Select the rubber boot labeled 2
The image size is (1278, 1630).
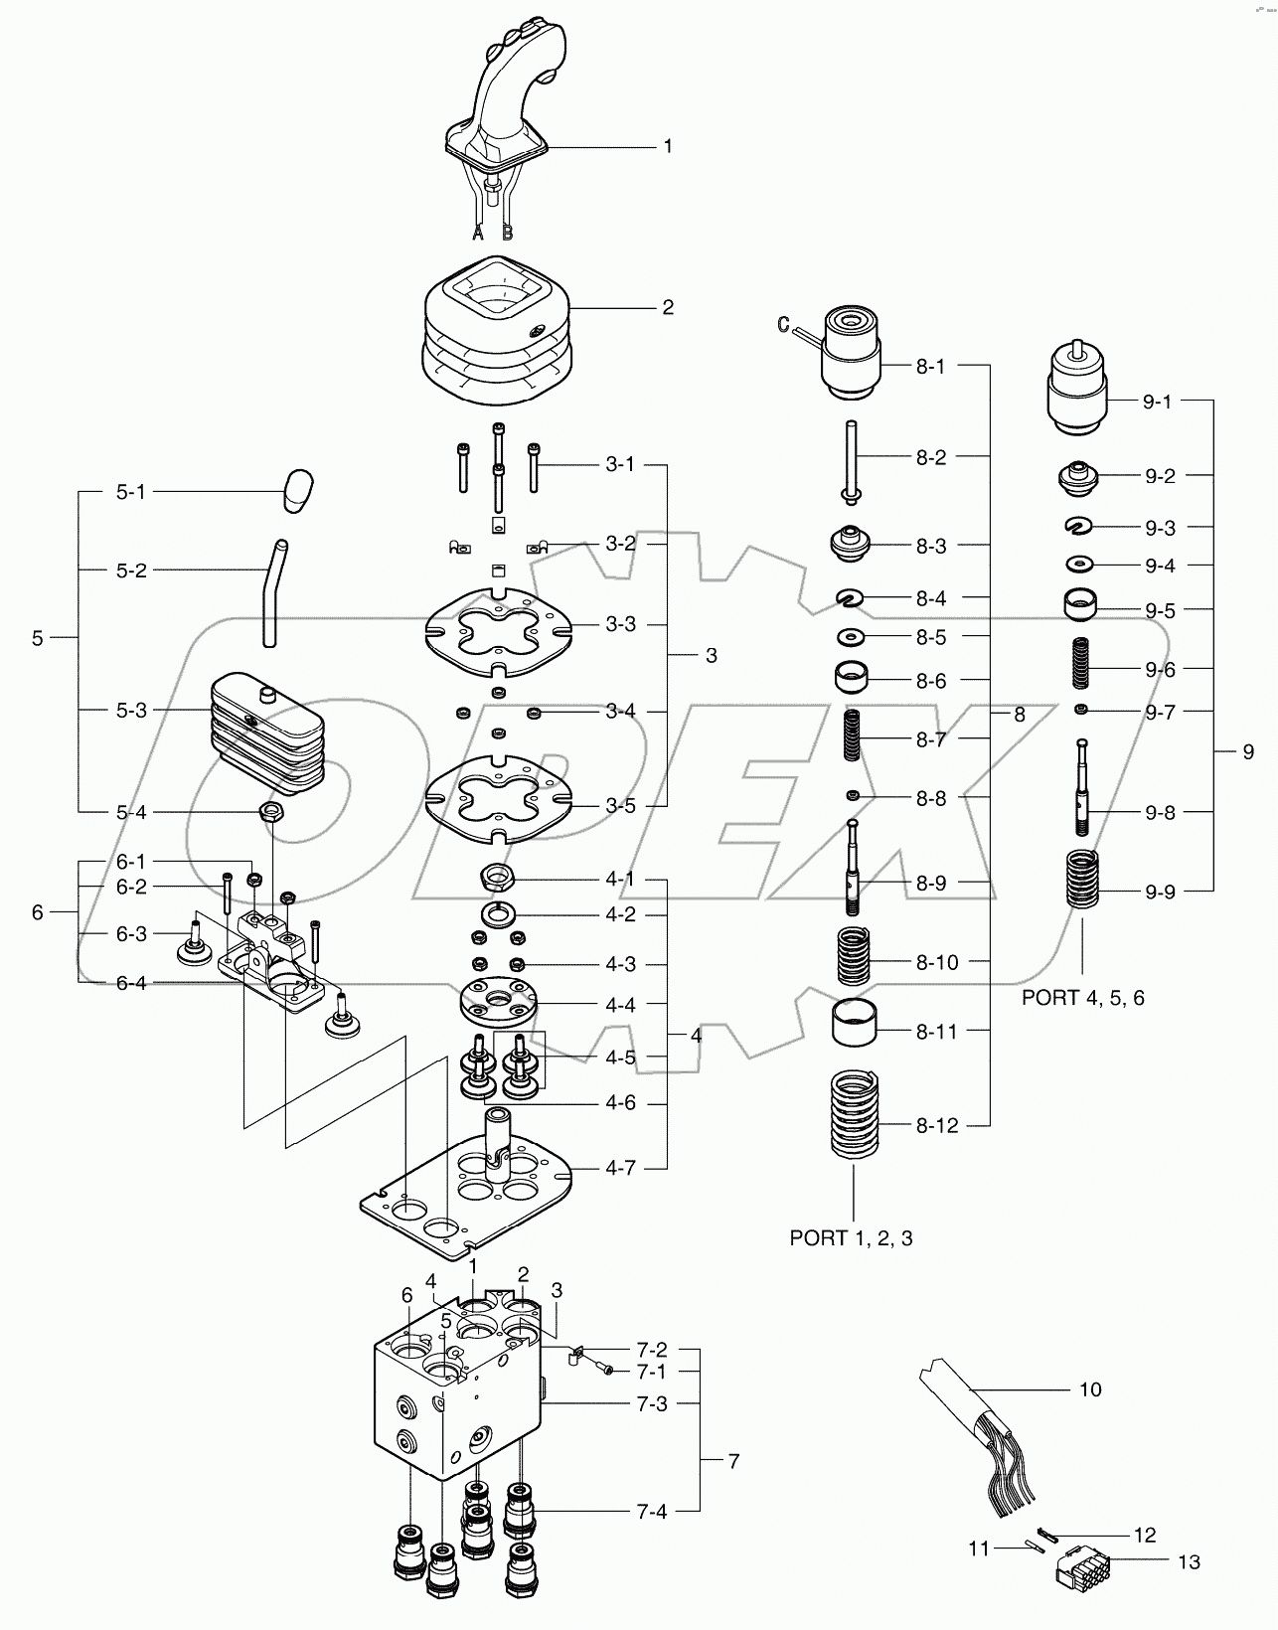(x=497, y=333)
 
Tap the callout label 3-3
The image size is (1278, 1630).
(x=620, y=625)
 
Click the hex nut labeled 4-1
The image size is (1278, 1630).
(x=496, y=877)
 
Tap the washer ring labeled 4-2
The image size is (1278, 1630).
(x=496, y=913)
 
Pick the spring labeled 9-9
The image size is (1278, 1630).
(x=1082, y=879)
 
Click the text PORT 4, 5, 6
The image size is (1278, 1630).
(x=1082, y=998)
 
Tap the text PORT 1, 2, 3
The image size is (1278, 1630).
(x=851, y=1237)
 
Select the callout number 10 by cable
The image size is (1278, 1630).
(x=1090, y=1389)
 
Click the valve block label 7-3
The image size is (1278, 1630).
(x=652, y=1403)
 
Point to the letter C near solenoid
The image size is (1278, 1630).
(x=782, y=323)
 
